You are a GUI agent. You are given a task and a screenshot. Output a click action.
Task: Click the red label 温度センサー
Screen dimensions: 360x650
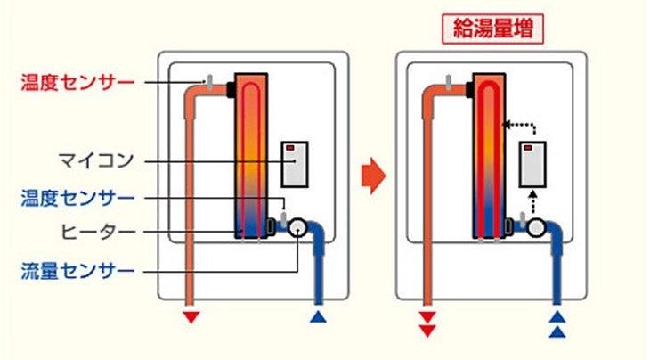(x=77, y=83)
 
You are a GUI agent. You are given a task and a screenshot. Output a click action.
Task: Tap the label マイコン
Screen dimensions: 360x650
(x=97, y=161)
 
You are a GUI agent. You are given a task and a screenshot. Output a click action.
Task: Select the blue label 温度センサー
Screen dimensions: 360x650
(x=77, y=197)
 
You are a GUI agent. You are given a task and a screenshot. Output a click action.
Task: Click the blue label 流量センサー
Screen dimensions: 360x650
(x=77, y=268)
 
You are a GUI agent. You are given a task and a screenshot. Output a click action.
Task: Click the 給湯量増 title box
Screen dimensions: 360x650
(x=492, y=29)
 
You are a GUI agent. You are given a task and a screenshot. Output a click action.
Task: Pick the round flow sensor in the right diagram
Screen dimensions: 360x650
(x=535, y=227)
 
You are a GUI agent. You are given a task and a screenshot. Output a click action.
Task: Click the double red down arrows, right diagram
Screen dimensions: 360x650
(x=428, y=323)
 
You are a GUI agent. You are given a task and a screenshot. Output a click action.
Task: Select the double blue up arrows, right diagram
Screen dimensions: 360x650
(x=557, y=323)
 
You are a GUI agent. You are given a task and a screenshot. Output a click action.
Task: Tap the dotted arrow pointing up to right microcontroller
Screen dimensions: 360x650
(x=534, y=200)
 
